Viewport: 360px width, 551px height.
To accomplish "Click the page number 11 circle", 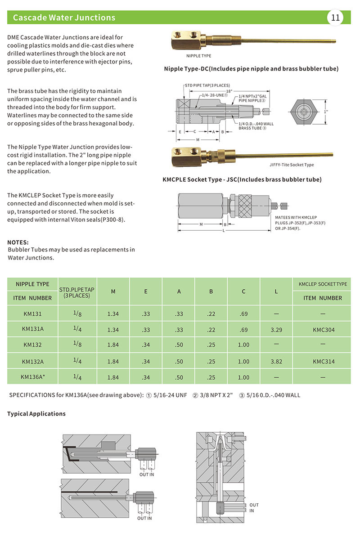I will (335, 18).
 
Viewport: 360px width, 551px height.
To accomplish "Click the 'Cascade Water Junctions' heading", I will (64, 18).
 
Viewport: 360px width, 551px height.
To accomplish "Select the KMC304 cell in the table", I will (323, 330).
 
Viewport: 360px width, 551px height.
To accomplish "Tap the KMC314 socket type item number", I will (323, 362).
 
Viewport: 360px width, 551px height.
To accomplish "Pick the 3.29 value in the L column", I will (276, 330).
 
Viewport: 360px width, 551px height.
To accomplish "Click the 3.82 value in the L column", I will (276, 362).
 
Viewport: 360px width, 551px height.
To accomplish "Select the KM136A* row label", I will (32, 377).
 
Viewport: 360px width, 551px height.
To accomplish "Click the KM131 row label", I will (32, 314).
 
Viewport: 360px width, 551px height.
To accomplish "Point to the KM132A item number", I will (32, 362).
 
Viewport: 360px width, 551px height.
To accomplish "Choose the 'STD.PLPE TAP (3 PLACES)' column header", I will (77, 292).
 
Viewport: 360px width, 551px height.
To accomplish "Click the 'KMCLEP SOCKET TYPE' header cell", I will (323, 284).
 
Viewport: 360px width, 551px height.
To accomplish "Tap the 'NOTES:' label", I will (18, 242).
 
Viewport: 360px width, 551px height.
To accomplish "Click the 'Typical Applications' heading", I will (36, 414).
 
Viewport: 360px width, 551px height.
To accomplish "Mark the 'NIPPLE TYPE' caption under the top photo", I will (198, 56).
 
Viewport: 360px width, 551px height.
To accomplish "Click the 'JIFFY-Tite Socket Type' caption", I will (292, 165).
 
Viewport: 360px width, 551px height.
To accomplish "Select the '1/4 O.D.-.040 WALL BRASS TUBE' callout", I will (256, 125).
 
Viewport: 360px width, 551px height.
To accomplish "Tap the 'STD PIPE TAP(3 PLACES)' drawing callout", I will (207, 85).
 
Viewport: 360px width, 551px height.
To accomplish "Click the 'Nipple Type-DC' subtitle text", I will (251, 69).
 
